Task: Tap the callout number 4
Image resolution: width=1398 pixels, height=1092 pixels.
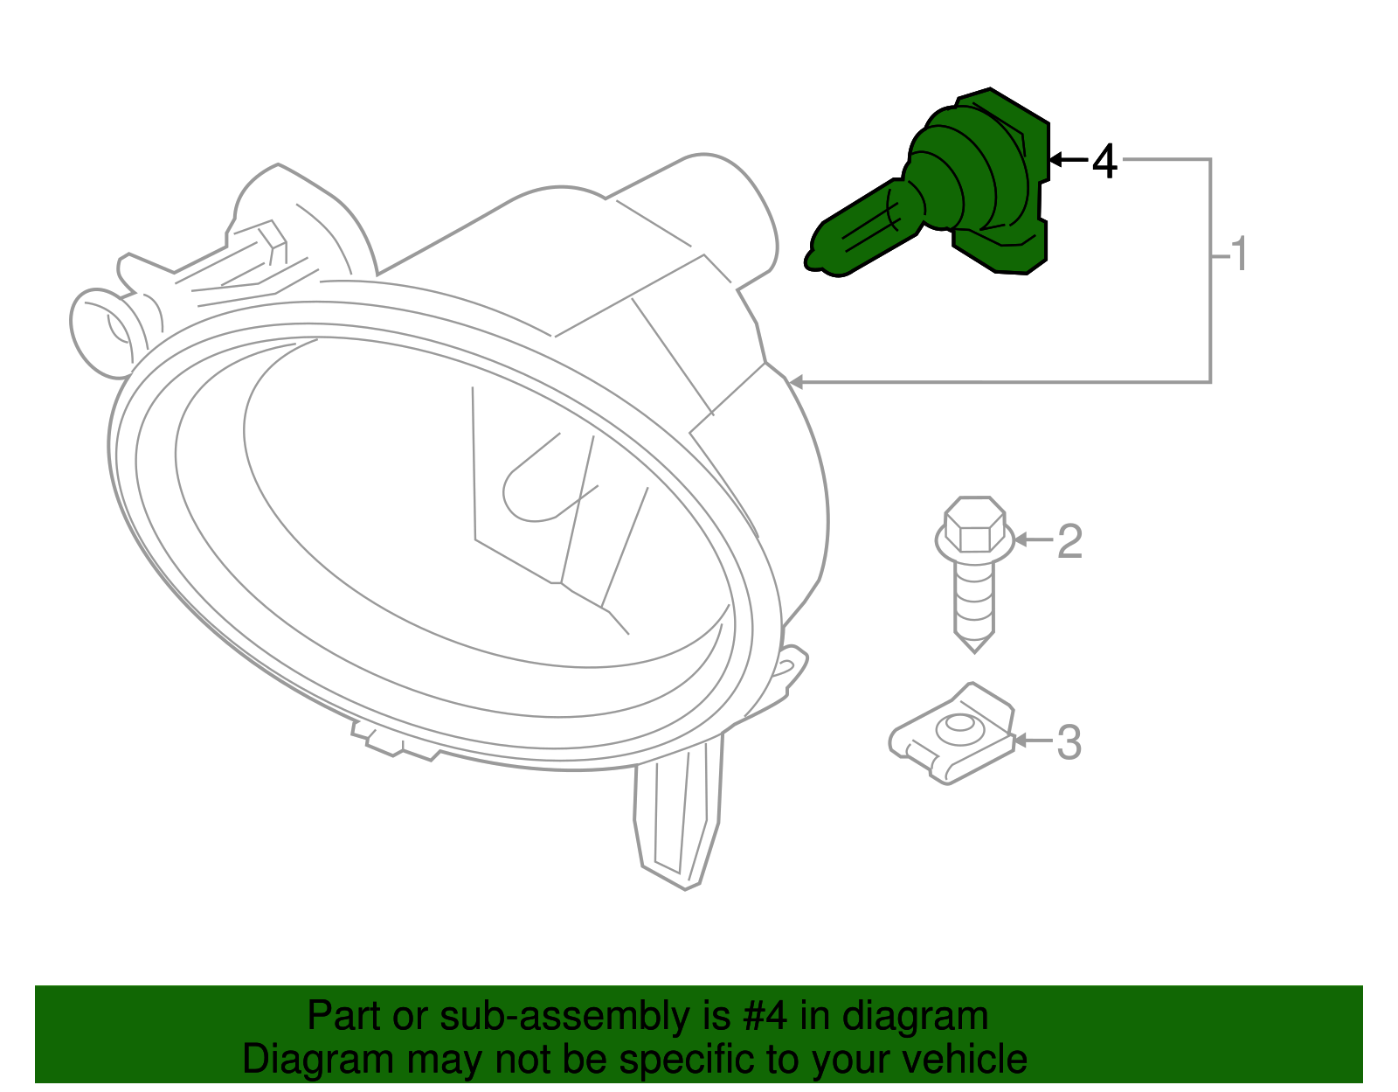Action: click(x=1104, y=162)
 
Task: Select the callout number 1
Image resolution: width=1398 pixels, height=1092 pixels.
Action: click(x=1238, y=254)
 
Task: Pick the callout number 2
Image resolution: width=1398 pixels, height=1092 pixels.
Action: click(x=1069, y=541)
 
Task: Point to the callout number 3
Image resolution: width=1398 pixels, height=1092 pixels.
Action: click(x=1069, y=742)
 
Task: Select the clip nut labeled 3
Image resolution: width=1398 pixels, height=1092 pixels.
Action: click(x=952, y=734)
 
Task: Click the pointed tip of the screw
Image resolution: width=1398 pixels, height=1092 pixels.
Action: click(x=974, y=644)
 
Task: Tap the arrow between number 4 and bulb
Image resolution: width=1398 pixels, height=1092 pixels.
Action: click(x=1068, y=159)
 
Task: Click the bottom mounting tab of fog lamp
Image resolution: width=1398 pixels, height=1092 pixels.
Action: click(x=677, y=822)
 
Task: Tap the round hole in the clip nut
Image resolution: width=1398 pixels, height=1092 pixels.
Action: click(x=959, y=725)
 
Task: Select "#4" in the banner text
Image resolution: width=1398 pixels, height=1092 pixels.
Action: click(x=765, y=1016)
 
